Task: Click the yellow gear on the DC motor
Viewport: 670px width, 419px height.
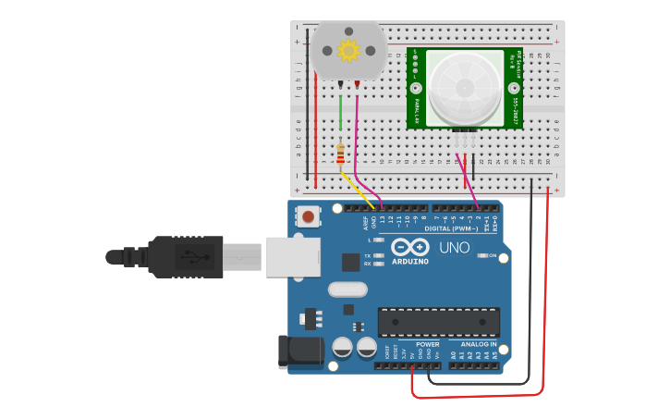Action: point(348,51)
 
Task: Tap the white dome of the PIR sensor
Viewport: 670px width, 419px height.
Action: point(464,88)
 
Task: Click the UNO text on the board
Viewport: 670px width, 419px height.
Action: point(454,248)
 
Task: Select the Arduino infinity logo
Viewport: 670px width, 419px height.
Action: point(410,247)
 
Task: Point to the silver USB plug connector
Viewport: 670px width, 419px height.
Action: point(292,257)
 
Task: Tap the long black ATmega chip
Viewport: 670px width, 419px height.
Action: point(438,321)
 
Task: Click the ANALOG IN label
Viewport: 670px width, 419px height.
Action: point(478,344)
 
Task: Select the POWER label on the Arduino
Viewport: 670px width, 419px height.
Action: point(427,344)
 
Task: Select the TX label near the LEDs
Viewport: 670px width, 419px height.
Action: point(367,255)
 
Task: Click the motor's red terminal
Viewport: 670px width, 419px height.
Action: point(357,84)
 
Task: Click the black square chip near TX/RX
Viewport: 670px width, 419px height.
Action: point(350,262)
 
